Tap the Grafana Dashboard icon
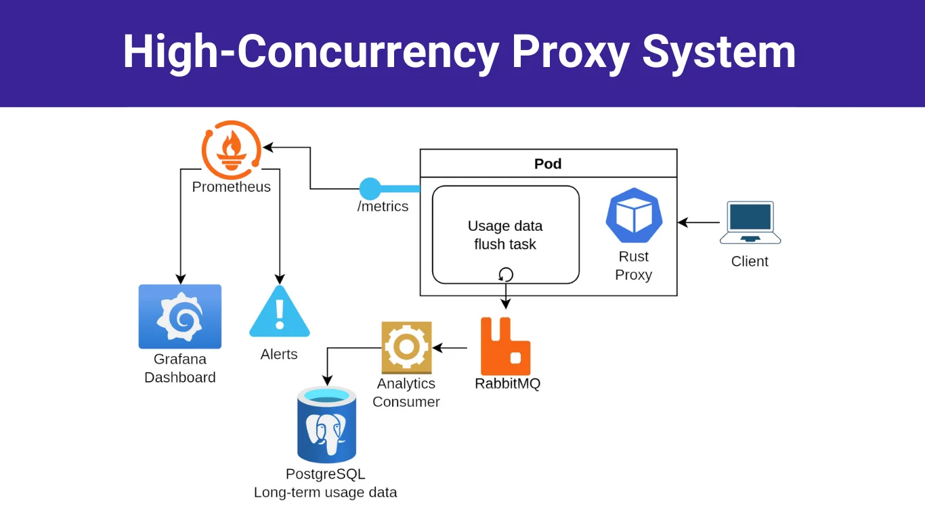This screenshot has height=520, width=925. pos(179,316)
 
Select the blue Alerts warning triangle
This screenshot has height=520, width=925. pos(279,313)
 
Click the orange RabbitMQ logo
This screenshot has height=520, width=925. pos(505,346)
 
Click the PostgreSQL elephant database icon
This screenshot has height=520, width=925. pos(326,425)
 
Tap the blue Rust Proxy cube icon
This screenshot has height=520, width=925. pos(634,216)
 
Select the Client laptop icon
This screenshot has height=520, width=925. pos(750,222)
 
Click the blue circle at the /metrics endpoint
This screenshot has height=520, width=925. pos(370,188)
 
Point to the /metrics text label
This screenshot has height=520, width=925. pos(383,207)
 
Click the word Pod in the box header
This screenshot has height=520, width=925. pos(548,164)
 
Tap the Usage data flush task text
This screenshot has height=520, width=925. pos(505,235)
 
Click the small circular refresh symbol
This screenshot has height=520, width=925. pos(505,274)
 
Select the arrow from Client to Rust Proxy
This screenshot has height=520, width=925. pos(698,222)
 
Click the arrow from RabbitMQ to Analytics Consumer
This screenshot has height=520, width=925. pos(450,348)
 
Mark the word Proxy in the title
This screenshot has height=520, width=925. pos(570,52)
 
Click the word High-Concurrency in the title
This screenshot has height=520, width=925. pos(311,52)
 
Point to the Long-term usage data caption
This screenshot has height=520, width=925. pos(325,492)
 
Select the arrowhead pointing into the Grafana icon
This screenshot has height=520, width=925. pos(180,279)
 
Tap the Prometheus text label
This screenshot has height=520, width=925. pos(231,187)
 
